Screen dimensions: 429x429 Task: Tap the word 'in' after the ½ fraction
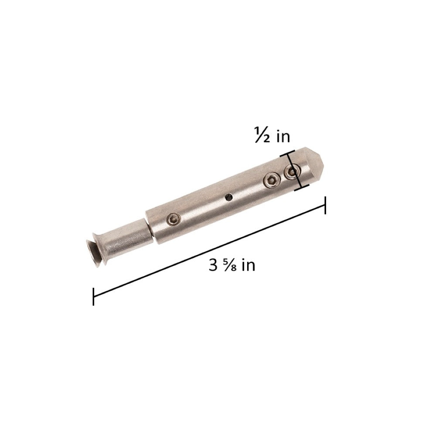click(x=283, y=136)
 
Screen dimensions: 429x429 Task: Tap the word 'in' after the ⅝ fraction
click(x=248, y=265)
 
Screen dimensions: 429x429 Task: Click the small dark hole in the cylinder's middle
click(x=229, y=198)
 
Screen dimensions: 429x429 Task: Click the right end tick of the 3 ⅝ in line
click(x=325, y=205)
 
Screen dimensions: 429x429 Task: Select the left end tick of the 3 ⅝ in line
click(x=93, y=296)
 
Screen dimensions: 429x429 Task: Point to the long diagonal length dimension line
click(x=209, y=251)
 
